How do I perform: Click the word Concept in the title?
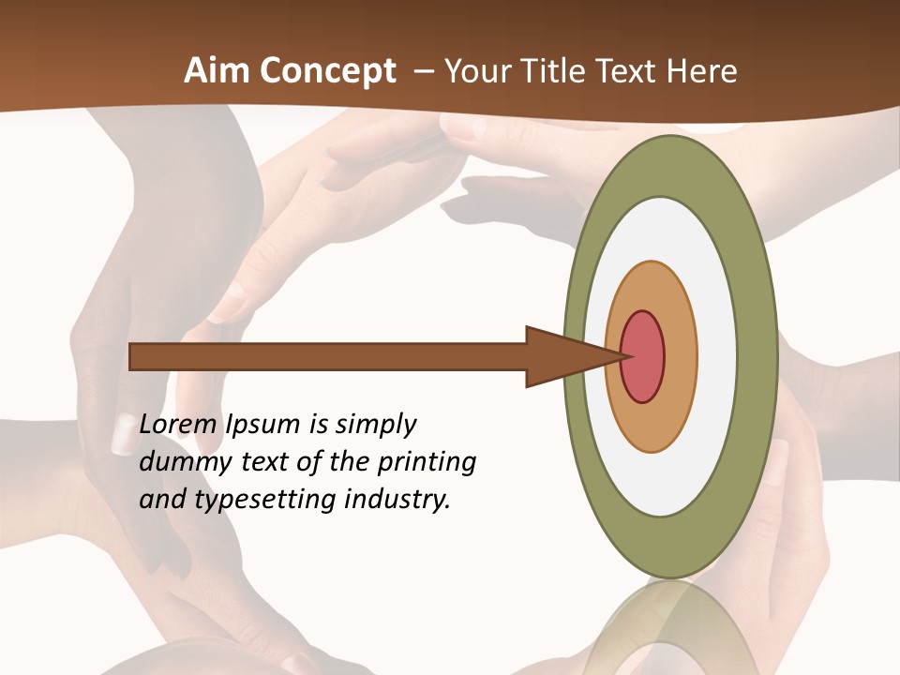[329, 70]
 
